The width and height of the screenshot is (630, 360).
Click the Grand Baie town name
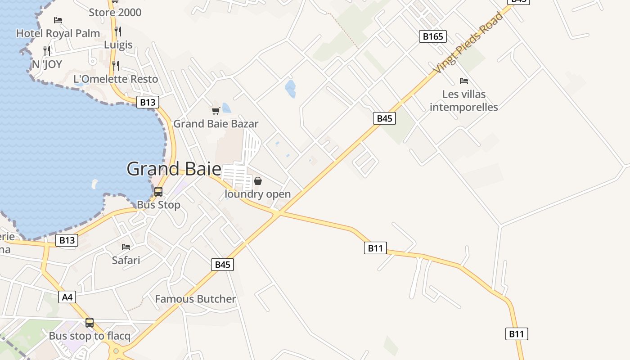tap(174, 169)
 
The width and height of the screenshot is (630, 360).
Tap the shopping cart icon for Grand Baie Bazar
tap(216, 110)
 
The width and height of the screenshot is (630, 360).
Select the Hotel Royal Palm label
tap(58, 33)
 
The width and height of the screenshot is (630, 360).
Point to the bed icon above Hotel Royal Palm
tap(58, 20)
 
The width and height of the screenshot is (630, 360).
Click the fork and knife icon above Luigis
tap(118, 31)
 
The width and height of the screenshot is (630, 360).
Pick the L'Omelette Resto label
tap(116, 79)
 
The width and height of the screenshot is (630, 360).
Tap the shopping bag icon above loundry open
tap(258, 181)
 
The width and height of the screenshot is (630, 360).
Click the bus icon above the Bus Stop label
tap(158, 192)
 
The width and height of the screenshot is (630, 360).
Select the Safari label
tap(126, 260)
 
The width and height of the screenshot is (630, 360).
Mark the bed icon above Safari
tap(126, 247)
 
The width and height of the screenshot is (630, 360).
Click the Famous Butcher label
tap(195, 299)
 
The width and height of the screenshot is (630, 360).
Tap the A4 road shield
tap(67, 297)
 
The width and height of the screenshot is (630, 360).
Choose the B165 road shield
tap(433, 36)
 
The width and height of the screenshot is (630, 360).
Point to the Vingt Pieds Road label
tap(468, 43)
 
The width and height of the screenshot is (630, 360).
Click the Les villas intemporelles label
tap(464, 101)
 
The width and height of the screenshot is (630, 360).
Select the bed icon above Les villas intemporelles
tap(464, 81)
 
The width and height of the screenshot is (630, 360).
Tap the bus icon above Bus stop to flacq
tap(90, 323)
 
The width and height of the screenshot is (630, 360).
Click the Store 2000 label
tap(115, 13)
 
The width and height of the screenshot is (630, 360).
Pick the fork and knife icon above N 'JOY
tap(47, 50)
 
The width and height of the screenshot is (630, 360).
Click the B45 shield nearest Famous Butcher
tap(222, 265)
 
